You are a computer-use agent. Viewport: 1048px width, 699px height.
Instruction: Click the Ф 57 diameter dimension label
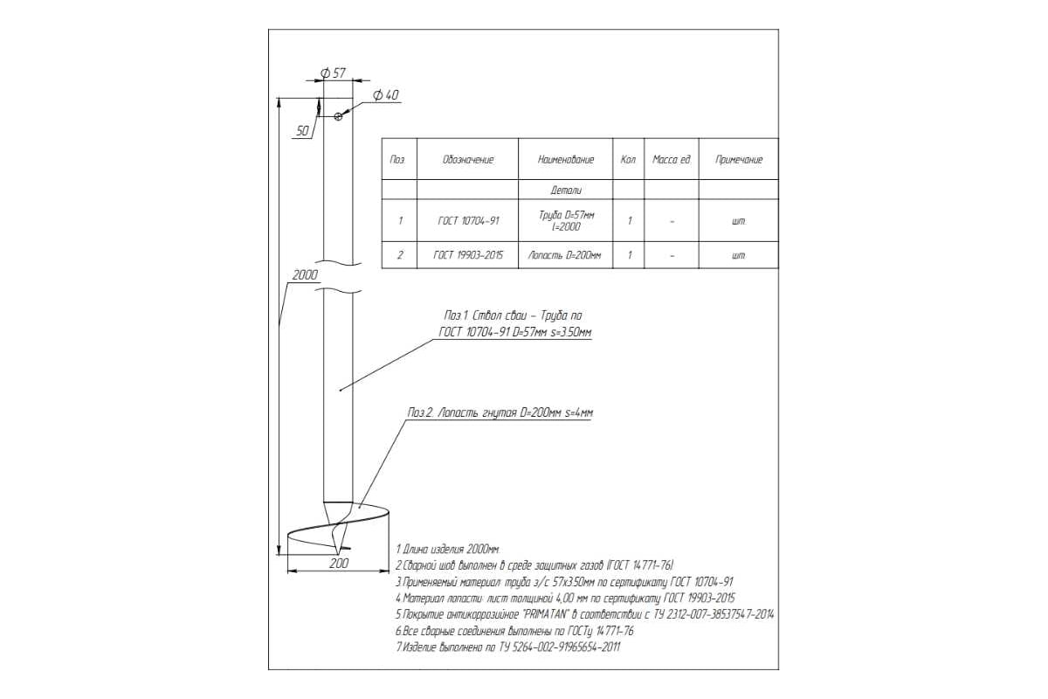click(333, 73)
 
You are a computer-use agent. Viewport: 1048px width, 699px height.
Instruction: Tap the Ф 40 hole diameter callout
click(386, 95)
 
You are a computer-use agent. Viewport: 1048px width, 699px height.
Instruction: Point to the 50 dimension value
click(303, 131)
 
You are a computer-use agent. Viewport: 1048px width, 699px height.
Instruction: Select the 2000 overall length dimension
click(305, 275)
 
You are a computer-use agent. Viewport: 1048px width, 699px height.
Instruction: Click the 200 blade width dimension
click(339, 564)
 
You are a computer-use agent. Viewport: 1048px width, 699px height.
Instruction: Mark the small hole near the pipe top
click(339, 115)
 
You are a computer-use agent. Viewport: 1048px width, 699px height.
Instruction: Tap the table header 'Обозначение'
click(468, 160)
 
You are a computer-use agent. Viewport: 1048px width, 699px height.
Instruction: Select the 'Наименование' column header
click(566, 160)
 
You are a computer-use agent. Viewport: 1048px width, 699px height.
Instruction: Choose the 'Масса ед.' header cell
click(672, 160)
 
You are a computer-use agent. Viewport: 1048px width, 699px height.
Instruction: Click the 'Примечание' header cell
click(739, 160)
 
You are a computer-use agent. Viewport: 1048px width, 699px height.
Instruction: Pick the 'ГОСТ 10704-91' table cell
click(468, 221)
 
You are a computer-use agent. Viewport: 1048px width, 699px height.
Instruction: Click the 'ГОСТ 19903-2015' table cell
click(468, 255)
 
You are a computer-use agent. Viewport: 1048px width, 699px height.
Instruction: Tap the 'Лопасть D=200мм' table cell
click(565, 255)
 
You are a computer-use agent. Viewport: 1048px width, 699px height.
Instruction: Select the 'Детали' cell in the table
click(566, 190)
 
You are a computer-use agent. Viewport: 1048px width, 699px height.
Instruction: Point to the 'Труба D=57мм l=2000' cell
click(566, 221)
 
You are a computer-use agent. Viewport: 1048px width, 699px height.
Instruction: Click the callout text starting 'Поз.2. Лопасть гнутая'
click(500, 413)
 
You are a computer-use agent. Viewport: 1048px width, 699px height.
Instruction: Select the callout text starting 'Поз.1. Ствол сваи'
click(514, 324)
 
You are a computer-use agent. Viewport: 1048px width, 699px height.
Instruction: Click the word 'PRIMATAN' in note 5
click(544, 614)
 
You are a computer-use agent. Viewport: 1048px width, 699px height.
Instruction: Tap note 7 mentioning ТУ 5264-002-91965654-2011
click(508, 647)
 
